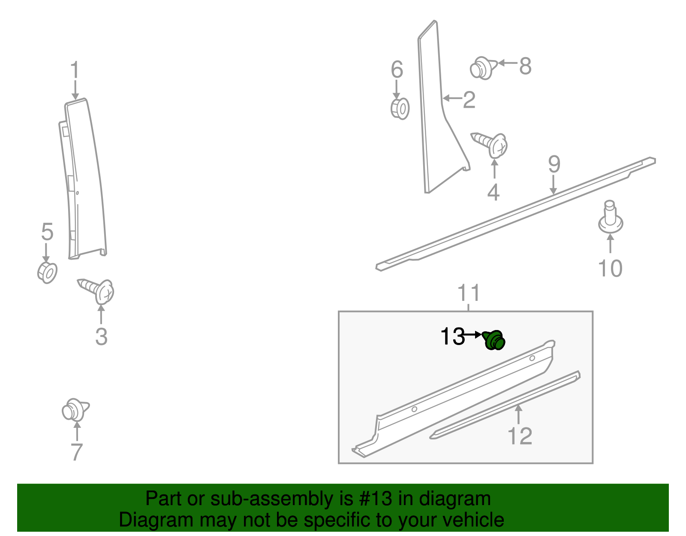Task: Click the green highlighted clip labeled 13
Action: click(494, 340)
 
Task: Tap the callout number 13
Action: click(452, 336)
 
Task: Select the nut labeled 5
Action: click(47, 272)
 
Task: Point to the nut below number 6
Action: click(400, 108)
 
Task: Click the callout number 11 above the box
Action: click(469, 293)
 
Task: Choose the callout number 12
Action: click(519, 436)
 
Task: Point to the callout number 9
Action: click(554, 164)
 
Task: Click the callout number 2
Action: click(469, 100)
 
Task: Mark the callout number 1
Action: click(75, 70)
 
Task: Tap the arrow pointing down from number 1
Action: click(75, 91)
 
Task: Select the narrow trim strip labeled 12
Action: click(506, 405)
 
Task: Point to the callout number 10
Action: click(610, 269)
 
